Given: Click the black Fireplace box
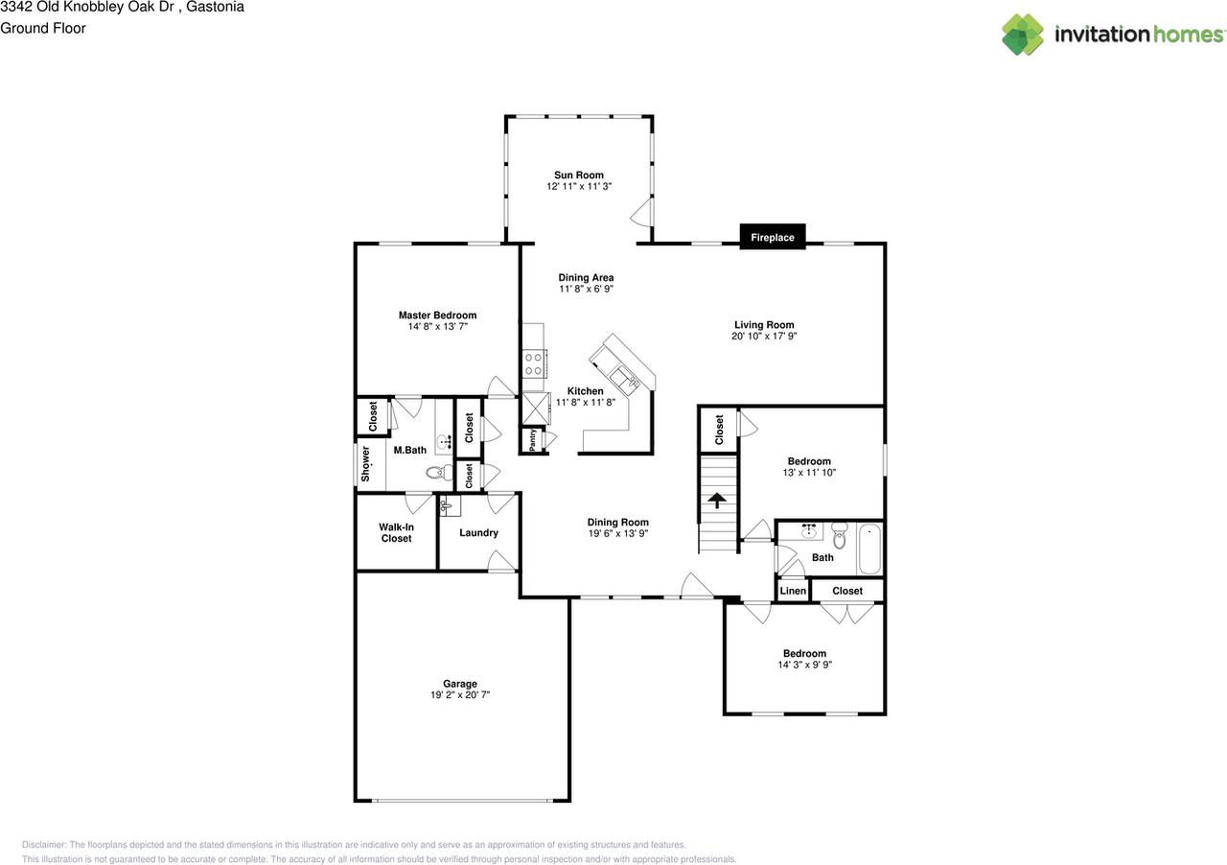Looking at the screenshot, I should (x=773, y=237).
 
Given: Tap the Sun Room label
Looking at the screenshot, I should (x=579, y=175).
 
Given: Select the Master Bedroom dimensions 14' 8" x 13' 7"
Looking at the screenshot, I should (x=437, y=327).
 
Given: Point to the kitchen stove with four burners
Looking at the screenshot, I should (x=534, y=363).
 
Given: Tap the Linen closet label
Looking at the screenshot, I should (x=793, y=591).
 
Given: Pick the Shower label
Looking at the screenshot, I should (x=365, y=465).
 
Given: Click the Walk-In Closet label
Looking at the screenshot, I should (x=396, y=532).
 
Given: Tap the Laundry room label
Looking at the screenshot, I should (x=478, y=533).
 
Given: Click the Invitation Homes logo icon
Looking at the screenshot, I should (x=1023, y=35).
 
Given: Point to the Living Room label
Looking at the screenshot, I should (x=764, y=325).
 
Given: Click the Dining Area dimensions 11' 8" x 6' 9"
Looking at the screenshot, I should (x=586, y=289).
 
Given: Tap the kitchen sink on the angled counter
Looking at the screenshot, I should (x=628, y=378).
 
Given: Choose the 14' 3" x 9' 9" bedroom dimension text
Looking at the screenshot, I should (x=804, y=665).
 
